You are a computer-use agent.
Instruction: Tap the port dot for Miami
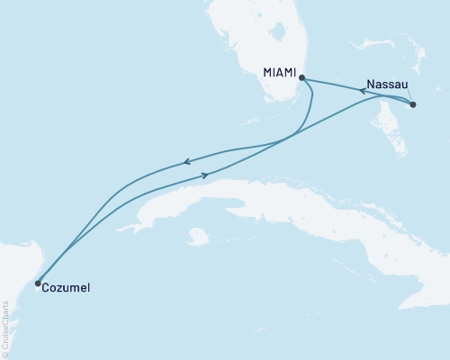tap(301, 77)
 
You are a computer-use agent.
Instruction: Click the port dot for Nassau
tap(413, 105)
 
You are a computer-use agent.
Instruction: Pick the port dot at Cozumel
tap(37, 283)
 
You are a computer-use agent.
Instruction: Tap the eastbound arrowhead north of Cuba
tap(205, 175)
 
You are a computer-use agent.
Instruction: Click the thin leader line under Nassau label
tap(409, 94)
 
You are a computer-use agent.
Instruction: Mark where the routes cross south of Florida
tap(295, 137)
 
